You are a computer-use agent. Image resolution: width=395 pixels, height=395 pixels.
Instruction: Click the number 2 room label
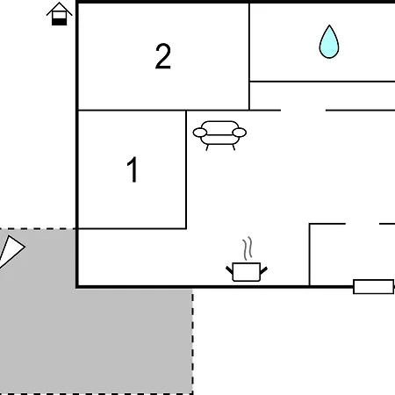click(163, 56)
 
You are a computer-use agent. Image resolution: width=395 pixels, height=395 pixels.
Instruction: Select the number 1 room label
click(133, 169)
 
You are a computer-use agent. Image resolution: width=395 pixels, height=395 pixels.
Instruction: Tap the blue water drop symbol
click(329, 41)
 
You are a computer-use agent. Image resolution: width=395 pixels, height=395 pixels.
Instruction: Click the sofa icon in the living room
click(219, 135)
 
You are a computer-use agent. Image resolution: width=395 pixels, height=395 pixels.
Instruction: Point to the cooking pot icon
click(247, 272)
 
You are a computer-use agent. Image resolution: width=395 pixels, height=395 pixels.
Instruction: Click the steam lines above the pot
click(248, 248)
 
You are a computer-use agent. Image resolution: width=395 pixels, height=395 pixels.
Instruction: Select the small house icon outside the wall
click(59, 14)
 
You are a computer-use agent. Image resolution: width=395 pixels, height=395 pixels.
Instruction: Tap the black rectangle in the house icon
click(59, 22)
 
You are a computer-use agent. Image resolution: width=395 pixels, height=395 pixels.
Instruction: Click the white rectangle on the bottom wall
click(373, 287)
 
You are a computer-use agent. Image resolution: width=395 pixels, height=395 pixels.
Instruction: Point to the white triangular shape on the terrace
click(11, 251)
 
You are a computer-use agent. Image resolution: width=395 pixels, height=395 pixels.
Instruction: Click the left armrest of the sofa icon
click(200, 133)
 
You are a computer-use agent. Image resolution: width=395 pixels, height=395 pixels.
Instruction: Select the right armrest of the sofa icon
click(240, 133)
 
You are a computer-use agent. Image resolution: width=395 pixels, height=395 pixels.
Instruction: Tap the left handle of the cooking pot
click(229, 270)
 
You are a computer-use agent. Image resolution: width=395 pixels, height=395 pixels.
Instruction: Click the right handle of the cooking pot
click(263, 270)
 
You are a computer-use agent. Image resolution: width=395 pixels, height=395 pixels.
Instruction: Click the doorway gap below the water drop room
click(303, 111)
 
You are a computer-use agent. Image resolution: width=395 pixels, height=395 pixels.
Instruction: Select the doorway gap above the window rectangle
click(363, 224)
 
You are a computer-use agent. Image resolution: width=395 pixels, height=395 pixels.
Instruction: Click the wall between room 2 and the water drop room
click(249, 56)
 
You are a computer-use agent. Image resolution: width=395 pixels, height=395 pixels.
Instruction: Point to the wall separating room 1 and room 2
click(132, 111)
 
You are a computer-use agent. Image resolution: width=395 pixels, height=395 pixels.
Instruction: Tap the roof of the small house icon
click(59, 8)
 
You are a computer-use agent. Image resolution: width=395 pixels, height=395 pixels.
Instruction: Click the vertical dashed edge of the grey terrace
click(192, 341)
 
